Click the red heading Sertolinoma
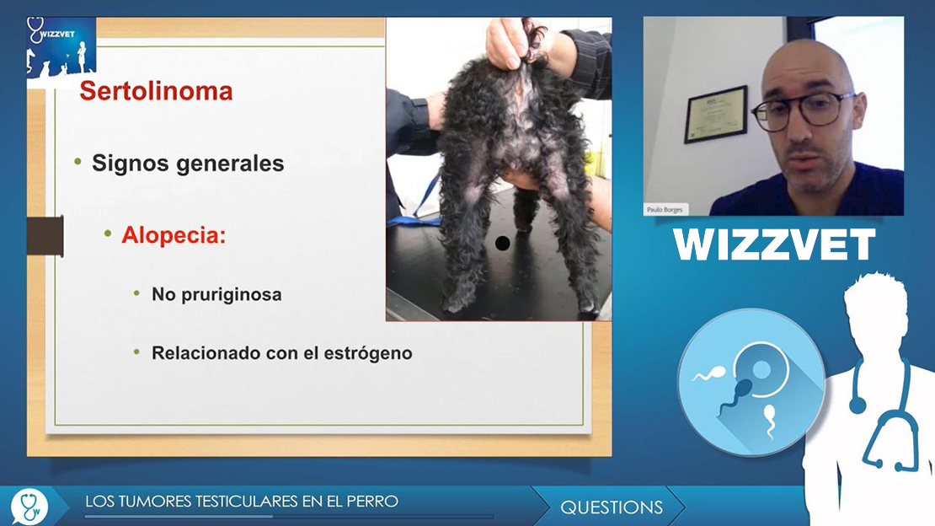coord(156,91)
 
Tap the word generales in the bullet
coord(229,163)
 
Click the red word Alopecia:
coord(174,235)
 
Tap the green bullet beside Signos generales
coord(77,162)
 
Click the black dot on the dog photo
coord(502,243)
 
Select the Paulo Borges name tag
coord(665,210)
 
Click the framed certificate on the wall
coord(715,114)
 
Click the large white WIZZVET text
coord(774,244)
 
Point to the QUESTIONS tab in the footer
coord(612,507)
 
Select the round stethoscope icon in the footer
coord(29,507)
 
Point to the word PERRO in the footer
coord(377,501)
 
